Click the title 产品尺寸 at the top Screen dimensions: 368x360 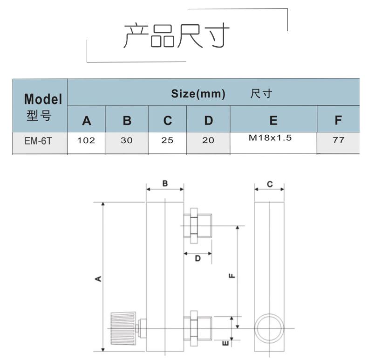[x=177, y=36]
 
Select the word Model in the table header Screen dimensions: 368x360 [x=43, y=99]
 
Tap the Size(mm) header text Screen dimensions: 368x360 [x=198, y=94]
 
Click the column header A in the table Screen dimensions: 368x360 [x=87, y=121]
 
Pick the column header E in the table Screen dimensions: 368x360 [x=273, y=121]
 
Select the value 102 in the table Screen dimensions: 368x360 [x=86, y=140]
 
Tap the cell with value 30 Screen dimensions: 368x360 [x=126, y=140]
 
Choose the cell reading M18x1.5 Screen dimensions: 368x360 [x=273, y=138]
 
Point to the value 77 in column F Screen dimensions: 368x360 [x=339, y=140]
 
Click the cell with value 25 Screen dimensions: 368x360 [x=167, y=140]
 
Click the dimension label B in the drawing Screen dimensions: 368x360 [x=165, y=184]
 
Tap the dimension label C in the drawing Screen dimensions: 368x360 [x=270, y=184]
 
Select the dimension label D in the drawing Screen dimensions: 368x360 [x=198, y=258]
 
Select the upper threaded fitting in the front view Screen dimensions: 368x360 [x=198, y=226]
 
